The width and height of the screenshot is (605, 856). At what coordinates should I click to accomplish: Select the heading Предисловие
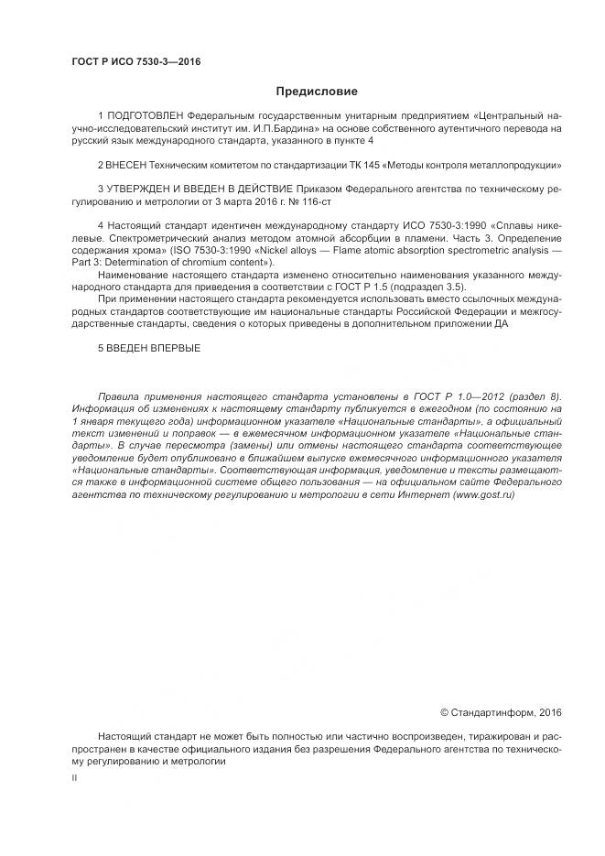coord(317,91)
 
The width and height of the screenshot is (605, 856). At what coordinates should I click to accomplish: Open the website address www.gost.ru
coord(482,493)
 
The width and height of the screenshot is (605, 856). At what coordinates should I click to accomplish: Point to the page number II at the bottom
coord(74,777)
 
